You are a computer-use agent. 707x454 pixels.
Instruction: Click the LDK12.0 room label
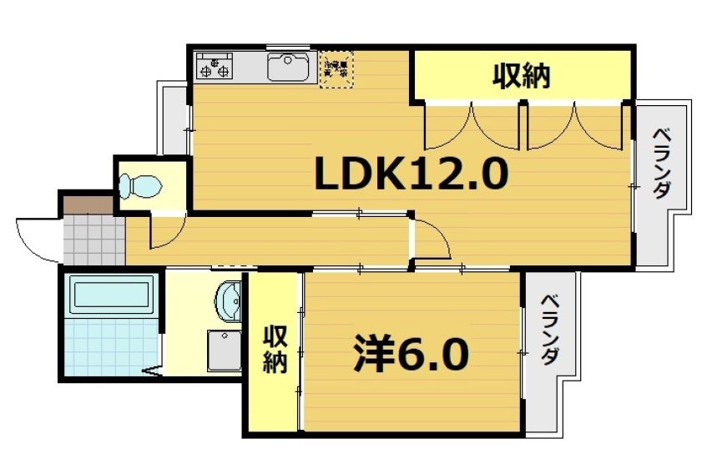[411, 174]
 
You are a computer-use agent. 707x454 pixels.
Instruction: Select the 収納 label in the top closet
[522, 77]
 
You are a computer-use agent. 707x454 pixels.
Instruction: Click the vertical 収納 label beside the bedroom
[275, 350]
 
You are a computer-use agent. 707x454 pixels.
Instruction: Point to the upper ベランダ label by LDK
[662, 163]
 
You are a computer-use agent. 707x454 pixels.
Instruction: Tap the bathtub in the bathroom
[111, 295]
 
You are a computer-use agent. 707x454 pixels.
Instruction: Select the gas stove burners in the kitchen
[215, 65]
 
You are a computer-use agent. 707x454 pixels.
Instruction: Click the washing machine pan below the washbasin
[224, 351]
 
